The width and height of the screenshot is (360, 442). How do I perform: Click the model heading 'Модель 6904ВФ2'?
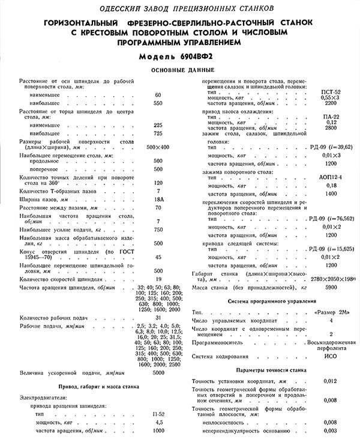tap(180, 58)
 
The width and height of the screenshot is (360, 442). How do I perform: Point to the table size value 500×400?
tap(158, 147)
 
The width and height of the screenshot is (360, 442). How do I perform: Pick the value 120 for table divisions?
tap(158, 182)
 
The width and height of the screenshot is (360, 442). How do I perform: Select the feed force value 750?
tap(158, 229)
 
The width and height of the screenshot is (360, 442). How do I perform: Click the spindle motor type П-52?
tap(158, 414)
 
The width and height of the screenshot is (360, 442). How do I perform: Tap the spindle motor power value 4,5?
tap(158, 422)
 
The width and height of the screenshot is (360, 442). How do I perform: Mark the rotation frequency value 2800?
tap(331, 129)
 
